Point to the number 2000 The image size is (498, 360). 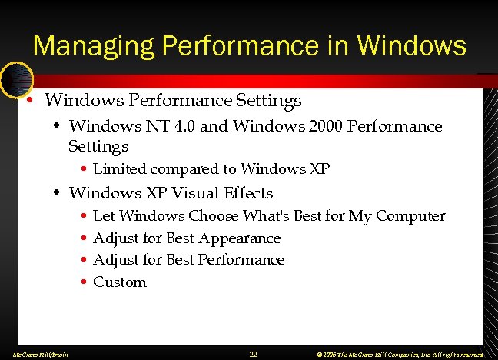point(325,126)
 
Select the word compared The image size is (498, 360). point(184,168)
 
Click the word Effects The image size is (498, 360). point(249,192)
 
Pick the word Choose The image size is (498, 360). point(214,216)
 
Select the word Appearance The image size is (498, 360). point(239,238)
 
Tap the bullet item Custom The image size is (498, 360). point(119,282)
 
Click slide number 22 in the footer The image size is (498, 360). point(254,355)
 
